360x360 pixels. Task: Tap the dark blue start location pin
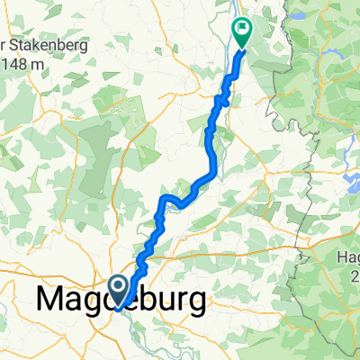coord(118,289)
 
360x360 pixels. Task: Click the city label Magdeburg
coord(126,300)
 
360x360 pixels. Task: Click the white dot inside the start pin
coord(118,287)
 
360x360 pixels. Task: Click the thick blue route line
coord(212,144)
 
